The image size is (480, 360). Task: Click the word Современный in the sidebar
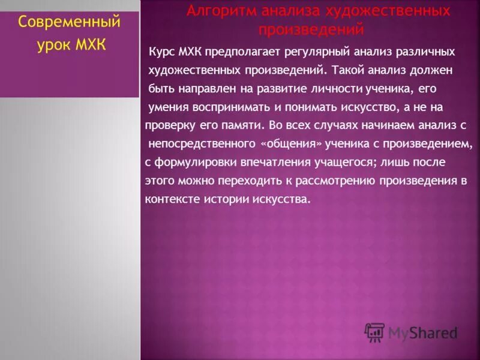click(70, 23)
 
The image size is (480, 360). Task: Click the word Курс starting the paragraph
click(163, 52)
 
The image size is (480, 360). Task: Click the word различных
click(413, 52)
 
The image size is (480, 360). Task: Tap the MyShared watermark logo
click(412, 332)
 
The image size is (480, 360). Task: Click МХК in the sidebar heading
click(89, 46)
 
